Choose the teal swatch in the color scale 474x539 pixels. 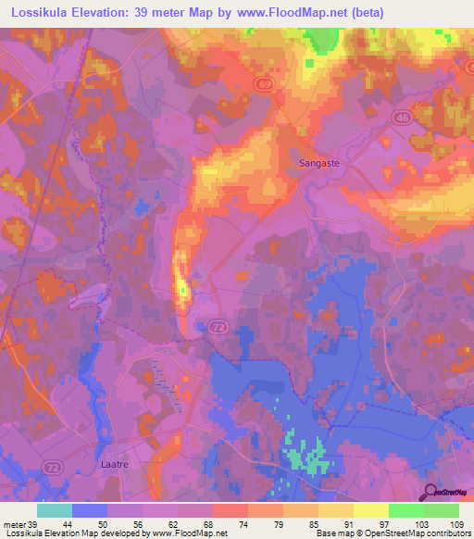pyautogui.click(x=55, y=510)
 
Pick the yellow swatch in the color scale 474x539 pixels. pyautogui.click(x=370, y=510)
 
